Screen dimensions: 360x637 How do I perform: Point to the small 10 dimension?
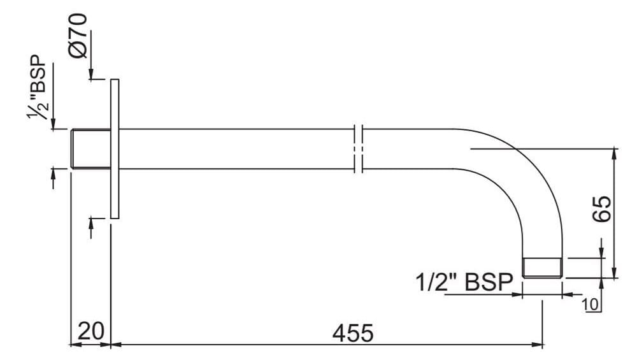coord(590,304)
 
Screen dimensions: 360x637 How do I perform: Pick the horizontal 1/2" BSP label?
coord(463,282)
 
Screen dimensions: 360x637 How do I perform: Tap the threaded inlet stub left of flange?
coord(90,149)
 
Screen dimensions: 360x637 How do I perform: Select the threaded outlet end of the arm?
coord(542,268)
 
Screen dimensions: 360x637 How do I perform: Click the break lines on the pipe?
coord(358,149)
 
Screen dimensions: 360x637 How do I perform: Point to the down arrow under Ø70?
coord(92,76)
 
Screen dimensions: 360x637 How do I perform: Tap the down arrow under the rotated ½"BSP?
coord(54,125)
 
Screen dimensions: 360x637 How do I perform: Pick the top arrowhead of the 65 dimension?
coord(615,152)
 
